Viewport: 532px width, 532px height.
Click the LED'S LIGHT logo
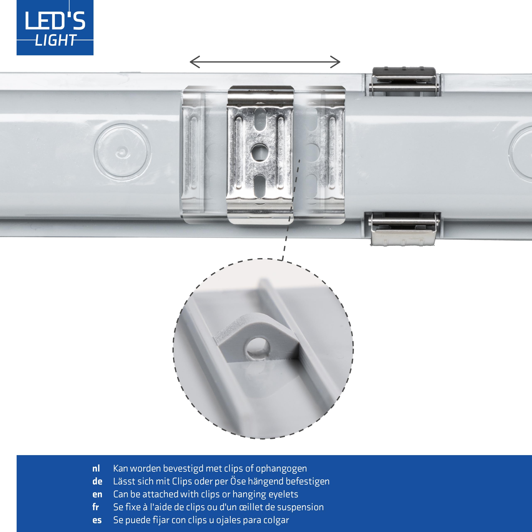(55, 28)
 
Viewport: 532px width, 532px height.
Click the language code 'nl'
(96, 468)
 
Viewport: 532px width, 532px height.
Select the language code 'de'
(97, 481)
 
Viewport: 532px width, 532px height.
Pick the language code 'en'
(97, 494)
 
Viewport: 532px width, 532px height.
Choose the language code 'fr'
(96, 507)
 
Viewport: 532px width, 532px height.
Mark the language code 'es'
(97, 520)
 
